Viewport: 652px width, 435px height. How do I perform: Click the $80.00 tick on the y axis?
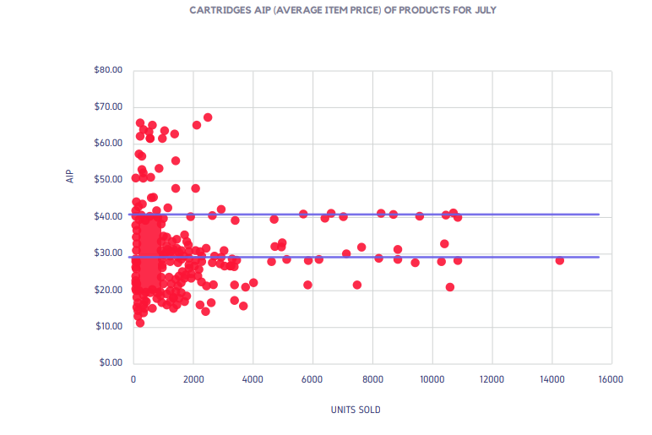click(x=109, y=70)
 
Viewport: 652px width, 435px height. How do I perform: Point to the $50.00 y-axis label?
click(x=109, y=180)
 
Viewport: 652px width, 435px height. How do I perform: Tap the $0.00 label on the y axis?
click(x=111, y=363)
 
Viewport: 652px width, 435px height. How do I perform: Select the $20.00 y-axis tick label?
click(x=109, y=290)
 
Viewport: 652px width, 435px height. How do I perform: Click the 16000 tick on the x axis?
click(x=611, y=379)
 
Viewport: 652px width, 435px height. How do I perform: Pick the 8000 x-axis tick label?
click(x=372, y=379)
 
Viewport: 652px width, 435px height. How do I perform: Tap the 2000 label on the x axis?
click(x=193, y=379)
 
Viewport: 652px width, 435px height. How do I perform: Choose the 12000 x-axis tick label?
click(x=492, y=379)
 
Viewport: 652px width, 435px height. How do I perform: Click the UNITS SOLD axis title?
click(x=356, y=411)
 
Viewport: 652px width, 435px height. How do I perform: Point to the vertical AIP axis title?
click(x=71, y=177)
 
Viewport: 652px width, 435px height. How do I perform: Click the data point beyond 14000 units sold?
click(x=559, y=260)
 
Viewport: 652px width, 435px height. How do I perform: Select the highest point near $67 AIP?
click(x=208, y=117)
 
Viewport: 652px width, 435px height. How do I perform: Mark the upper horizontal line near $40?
click(x=507, y=215)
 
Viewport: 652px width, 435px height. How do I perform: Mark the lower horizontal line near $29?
click(x=507, y=257)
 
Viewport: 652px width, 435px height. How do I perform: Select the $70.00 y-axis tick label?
click(x=109, y=106)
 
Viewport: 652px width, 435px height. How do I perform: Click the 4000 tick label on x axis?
click(x=253, y=379)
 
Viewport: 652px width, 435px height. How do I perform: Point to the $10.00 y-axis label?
click(x=109, y=326)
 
